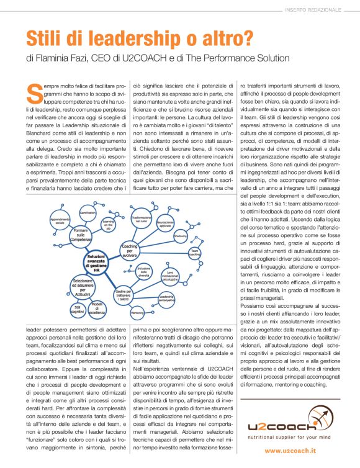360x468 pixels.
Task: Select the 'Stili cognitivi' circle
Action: [79, 308]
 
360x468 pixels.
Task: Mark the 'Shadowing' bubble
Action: [181, 236]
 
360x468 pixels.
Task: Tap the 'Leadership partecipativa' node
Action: [167, 299]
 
